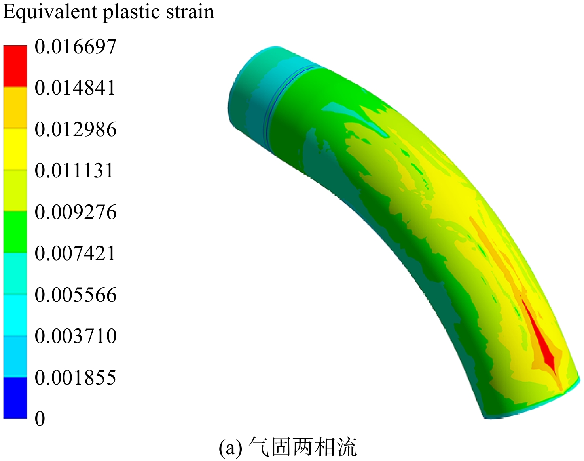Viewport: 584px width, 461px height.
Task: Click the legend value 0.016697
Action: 76,47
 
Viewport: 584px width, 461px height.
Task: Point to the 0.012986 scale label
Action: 76,129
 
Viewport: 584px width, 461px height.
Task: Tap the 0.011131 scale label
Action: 74,171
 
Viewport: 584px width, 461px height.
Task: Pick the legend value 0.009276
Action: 76,212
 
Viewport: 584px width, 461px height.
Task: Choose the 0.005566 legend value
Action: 76,295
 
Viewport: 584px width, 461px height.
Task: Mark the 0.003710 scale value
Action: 76,336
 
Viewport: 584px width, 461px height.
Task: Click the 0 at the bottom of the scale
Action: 40,419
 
